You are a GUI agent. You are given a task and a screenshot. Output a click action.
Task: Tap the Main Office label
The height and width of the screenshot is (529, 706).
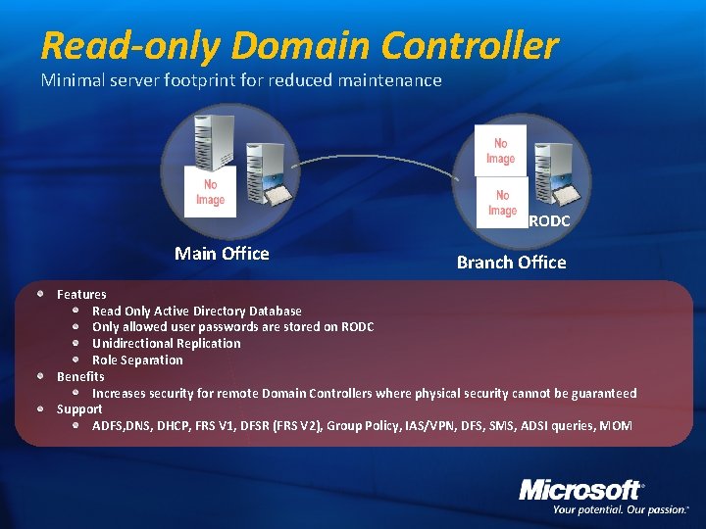tap(222, 254)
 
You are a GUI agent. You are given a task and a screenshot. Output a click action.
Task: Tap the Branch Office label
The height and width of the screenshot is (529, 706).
tap(511, 263)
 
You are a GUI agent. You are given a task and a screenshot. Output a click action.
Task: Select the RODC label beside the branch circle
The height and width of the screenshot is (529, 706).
tap(549, 221)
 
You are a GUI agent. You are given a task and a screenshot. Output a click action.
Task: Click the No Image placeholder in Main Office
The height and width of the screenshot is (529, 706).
tap(210, 192)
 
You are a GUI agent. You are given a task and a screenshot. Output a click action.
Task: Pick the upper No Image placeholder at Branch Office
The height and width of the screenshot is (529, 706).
tap(500, 151)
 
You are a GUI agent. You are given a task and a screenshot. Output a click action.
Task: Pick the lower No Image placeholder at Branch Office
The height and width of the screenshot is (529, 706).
tap(502, 203)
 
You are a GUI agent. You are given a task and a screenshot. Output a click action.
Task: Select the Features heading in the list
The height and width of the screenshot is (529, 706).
tap(81, 294)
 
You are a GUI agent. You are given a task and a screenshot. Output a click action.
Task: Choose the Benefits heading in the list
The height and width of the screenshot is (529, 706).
tap(80, 376)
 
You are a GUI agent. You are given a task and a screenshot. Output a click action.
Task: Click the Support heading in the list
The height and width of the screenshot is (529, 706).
tap(79, 409)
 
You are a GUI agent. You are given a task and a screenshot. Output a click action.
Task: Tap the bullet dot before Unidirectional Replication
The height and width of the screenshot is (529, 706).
tap(77, 343)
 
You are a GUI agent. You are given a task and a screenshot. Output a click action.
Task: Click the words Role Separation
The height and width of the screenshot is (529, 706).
tap(137, 360)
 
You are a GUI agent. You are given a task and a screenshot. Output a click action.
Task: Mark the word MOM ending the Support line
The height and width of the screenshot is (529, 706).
tap(616, 425)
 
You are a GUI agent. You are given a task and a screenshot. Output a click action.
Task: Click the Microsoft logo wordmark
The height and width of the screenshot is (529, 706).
tap(580, 489)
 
